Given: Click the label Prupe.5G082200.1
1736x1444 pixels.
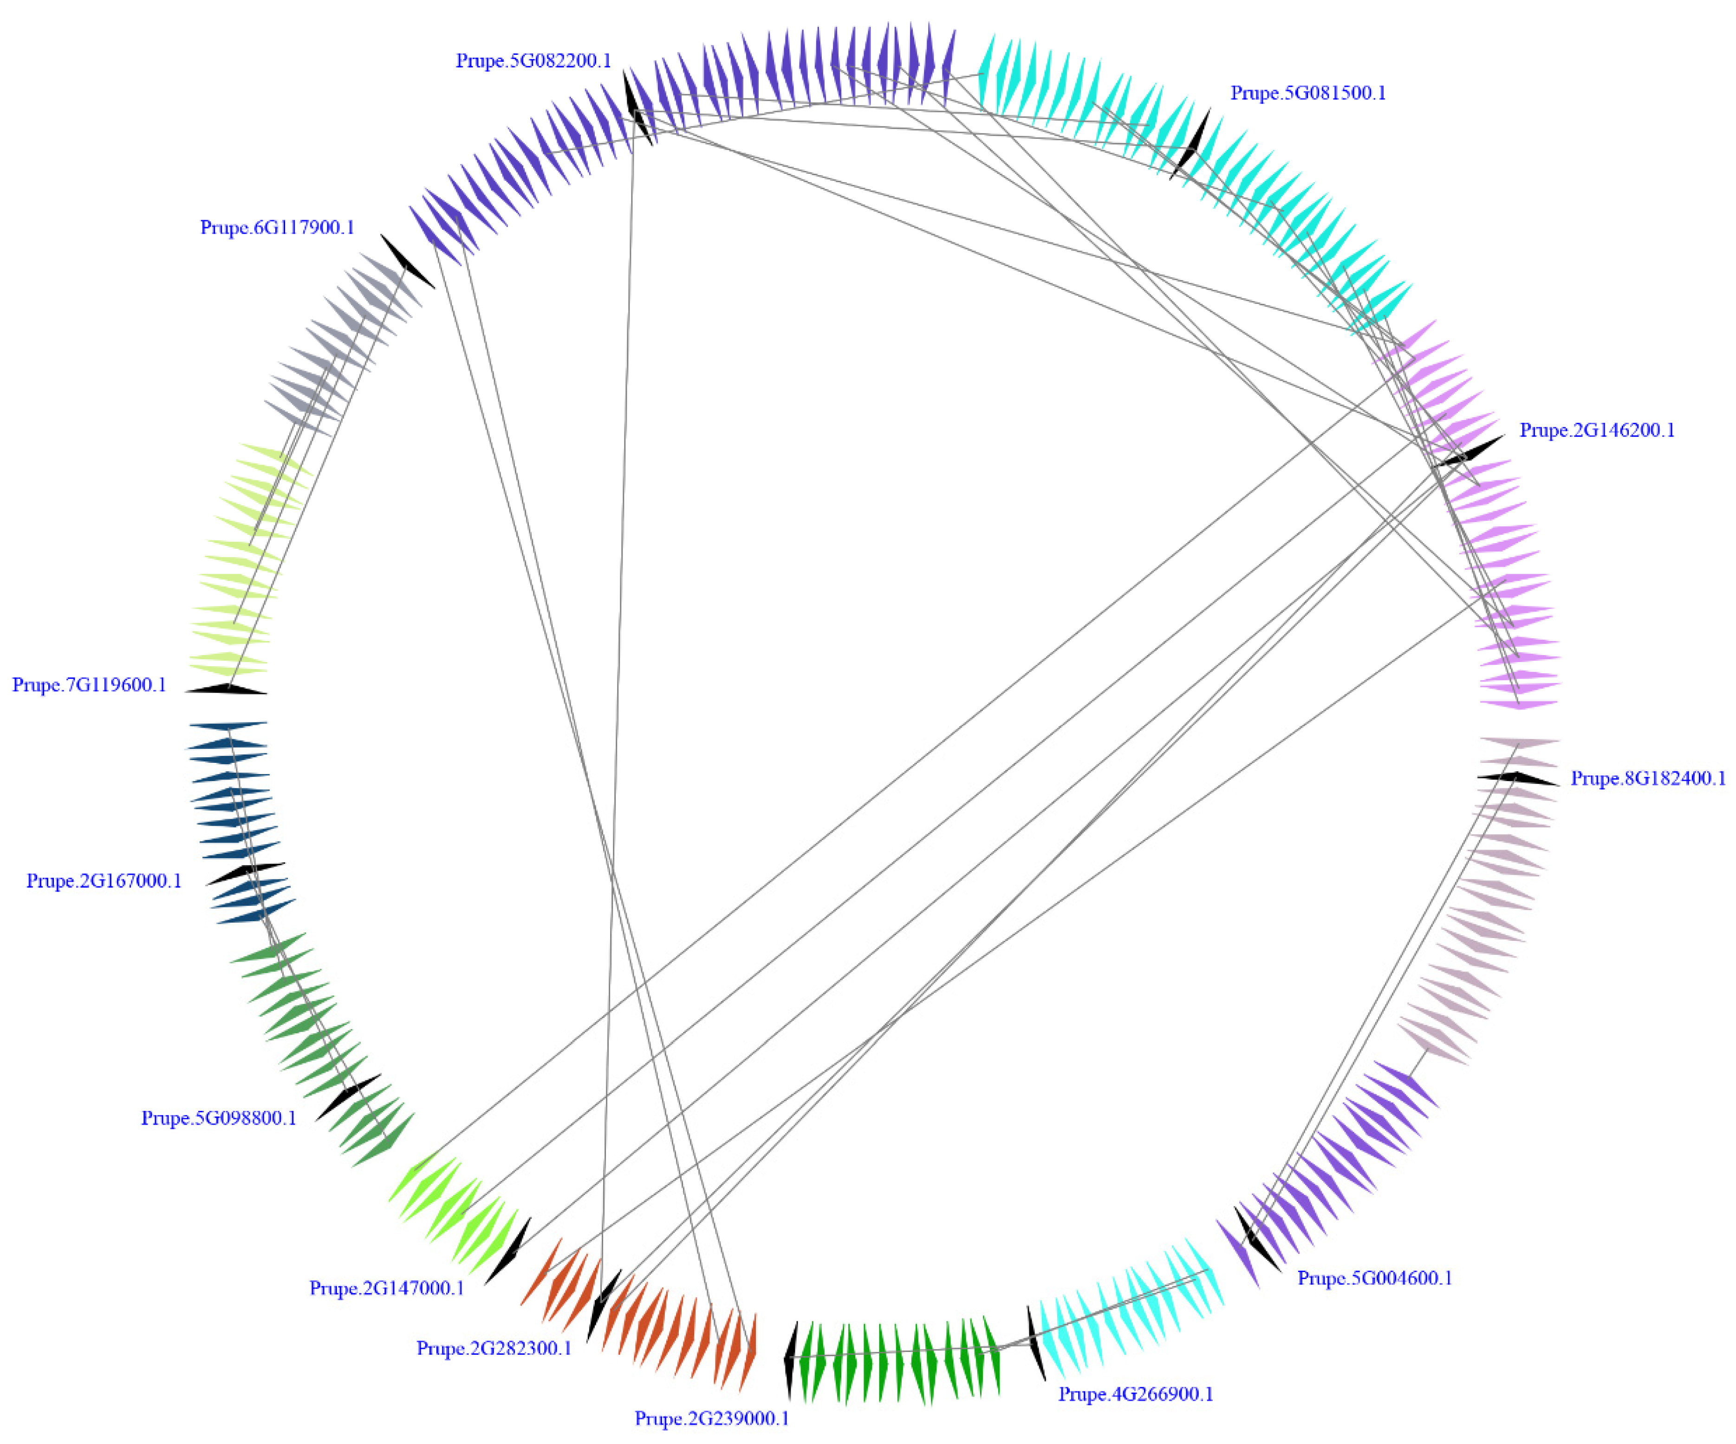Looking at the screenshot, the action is coord(533,61).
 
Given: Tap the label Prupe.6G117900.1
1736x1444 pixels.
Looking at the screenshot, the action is coord(277,228).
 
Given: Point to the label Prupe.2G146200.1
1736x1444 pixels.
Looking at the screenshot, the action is coord(1597,430).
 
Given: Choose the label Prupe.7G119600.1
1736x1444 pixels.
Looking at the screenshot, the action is coord(89,685).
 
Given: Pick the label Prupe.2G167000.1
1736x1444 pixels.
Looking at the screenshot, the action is coord(104,881).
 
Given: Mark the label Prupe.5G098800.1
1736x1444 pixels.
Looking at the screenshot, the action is coord(218,1118).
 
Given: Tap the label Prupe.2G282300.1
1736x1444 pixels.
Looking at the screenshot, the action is coord(494,1348).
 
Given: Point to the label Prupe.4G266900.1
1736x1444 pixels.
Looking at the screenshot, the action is coord(1136,1393).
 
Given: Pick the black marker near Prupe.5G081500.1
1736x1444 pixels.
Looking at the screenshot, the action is coord(1191,145).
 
